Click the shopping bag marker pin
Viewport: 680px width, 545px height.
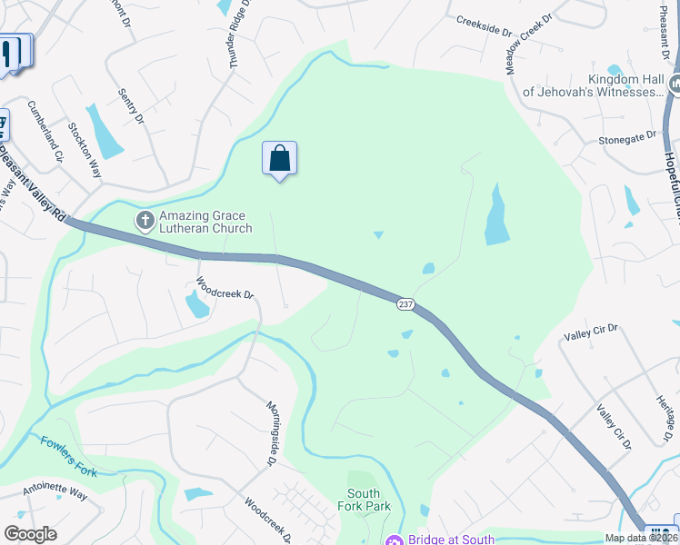point(279,159)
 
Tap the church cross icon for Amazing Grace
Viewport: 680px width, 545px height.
point(145,220)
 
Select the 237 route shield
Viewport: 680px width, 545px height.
point(405,304)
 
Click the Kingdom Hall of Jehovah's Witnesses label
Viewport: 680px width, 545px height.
point(593,85)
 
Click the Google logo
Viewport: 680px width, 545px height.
point(30,533)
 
